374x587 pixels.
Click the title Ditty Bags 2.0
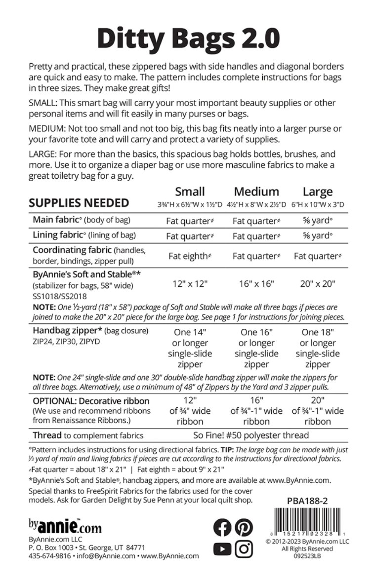(x=188, y=38)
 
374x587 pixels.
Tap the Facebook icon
(x=222, y=527)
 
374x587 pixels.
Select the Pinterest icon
(x=244, y=527)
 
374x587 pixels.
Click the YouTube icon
(x=222, y=548)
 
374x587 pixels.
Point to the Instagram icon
(x=244, y=548)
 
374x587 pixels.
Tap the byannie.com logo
(x=65, y=526)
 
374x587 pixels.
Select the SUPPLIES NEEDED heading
(x=79, y=203)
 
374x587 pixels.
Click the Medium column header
(x=256, y=192)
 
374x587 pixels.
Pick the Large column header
(x=318, y=192)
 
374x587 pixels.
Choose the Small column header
(x=190, y=192)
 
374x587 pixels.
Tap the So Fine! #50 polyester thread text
(x=251, y=435)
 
